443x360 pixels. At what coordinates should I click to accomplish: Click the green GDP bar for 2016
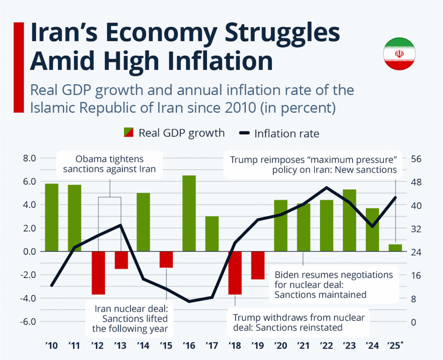click(x=189, y=213)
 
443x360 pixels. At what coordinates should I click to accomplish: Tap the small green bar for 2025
click(x=395, y=248)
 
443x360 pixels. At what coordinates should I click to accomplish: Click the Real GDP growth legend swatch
click(x=129, y=133)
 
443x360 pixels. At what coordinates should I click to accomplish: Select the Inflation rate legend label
click(x=286, y=134)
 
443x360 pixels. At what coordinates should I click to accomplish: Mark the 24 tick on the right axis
click(x=416, y=252)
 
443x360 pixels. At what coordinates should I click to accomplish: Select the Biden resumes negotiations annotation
click(x=334, y=285)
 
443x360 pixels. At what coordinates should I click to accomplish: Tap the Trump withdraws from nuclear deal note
click(x=299, y=322)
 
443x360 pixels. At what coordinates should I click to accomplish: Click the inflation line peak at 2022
click(x=326, y=188)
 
